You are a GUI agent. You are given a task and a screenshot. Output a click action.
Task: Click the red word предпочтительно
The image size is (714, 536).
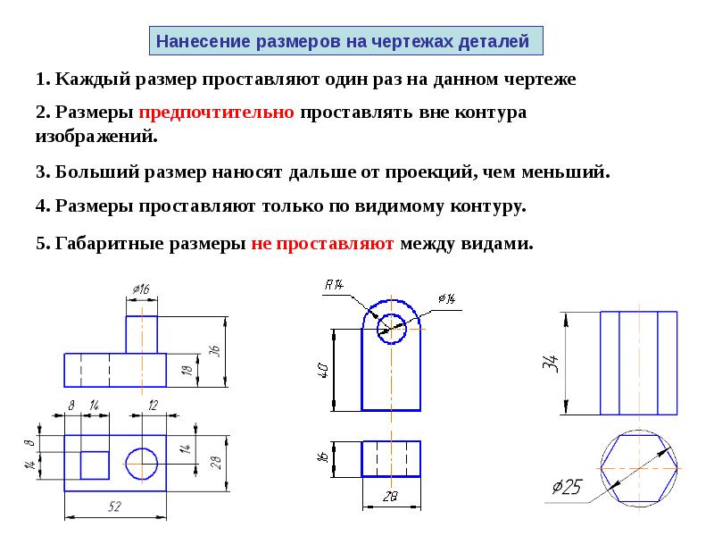[x=216, y=113]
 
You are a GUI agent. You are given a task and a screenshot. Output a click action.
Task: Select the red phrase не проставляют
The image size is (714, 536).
[x=322, y=244]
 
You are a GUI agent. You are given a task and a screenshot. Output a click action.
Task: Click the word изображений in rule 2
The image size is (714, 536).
[x=95, y=136]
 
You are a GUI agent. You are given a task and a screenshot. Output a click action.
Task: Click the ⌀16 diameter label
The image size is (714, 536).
[x=141, y=289]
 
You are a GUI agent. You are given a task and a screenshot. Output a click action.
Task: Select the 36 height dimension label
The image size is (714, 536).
[x=214, y=351]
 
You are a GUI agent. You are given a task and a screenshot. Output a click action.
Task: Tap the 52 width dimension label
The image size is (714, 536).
[x=115, y=507]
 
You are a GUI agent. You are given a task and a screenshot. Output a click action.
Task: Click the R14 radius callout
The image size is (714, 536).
[x=334, y=285]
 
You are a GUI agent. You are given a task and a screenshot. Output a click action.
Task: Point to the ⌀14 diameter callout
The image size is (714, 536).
[x=447, y=298]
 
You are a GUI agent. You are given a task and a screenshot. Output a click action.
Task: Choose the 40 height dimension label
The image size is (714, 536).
[x=322, y=370]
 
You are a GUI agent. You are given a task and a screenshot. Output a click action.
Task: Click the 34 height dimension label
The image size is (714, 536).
[x=551, y=364]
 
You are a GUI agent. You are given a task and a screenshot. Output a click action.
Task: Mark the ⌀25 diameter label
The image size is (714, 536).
[x=567, y=487]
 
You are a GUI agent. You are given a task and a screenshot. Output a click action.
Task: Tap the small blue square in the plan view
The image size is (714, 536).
[x=80, y=465]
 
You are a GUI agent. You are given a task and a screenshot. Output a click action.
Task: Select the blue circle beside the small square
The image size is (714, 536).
[x=126, y=464]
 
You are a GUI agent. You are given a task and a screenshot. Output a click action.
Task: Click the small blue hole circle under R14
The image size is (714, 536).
[x=378, y=329]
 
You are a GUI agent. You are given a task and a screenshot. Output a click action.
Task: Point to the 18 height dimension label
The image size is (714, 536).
[x=187, y=370]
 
